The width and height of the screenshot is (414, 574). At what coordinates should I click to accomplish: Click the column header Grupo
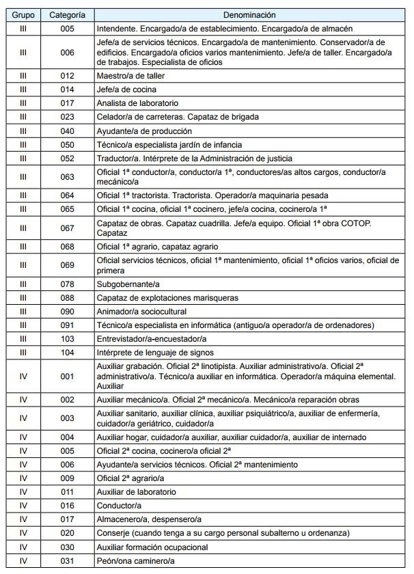[x=23, y=14]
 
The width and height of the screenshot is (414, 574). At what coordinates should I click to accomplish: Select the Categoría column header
[x=67, y=14]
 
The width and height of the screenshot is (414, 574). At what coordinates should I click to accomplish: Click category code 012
[x=67, y=76]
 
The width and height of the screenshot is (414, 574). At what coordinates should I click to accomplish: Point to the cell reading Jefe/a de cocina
[x=126, y=90]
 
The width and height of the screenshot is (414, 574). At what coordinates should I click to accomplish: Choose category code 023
[x=67, y=117]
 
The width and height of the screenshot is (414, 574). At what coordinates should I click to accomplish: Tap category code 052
[x=67, y=158]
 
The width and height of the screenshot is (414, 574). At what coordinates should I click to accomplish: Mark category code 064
[x=67, y=195]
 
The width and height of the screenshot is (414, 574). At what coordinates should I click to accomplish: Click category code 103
[x=67, y=338]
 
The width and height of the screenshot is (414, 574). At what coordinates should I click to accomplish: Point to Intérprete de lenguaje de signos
[x=156, y=352]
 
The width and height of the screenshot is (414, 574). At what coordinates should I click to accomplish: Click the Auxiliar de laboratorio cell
[x=137, y=492]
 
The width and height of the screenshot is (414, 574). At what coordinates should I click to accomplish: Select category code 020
[x=67, y=533]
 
